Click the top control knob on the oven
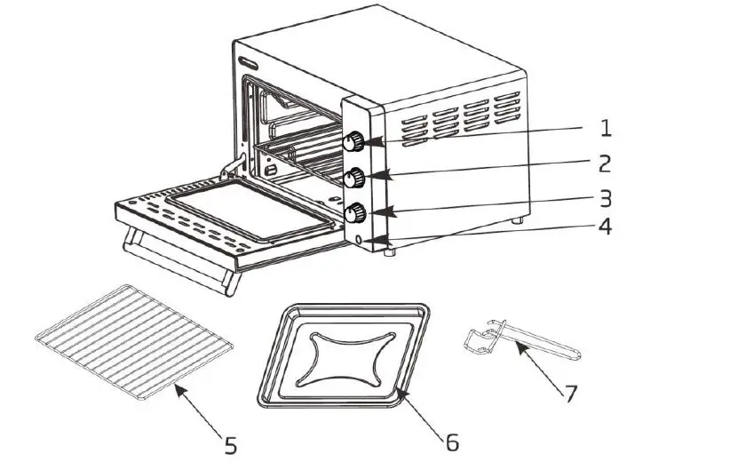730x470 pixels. coord(354,141)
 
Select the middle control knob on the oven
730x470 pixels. coord(357,177)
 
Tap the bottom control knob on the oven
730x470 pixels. coord(357,211)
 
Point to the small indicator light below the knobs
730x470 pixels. coord(359,239)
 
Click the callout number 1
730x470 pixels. coord(606,129)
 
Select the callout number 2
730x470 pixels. coord(604,164)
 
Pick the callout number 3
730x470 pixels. coord(604,197)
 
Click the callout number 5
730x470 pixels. coord(230,445)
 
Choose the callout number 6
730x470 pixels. coord(451,442)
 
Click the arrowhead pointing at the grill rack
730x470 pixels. coord(177,390)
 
